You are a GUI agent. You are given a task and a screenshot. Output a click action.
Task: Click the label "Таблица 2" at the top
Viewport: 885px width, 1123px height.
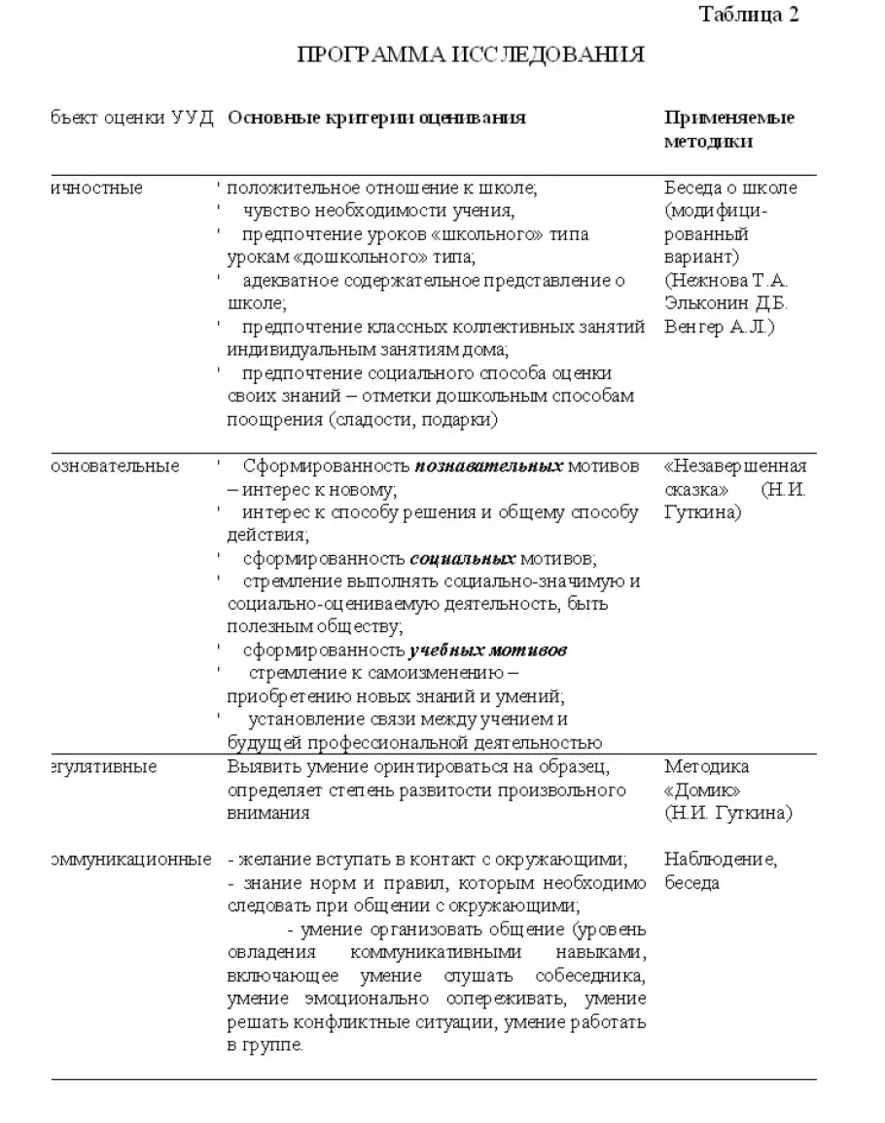749,15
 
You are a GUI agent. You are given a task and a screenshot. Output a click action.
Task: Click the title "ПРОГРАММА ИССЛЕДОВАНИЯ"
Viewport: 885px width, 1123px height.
470,55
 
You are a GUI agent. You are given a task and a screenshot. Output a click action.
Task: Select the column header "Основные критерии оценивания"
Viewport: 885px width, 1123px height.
376,118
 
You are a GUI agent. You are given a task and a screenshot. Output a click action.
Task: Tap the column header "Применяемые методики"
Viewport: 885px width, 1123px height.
728,129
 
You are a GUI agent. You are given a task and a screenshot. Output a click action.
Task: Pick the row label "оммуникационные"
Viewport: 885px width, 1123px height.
129,860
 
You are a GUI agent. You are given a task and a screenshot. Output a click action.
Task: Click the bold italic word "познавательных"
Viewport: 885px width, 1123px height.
489,467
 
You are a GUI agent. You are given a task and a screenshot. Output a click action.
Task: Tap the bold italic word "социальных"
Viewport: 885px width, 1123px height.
463,559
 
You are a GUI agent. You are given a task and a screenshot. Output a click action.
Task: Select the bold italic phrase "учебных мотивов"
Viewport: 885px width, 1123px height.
487,650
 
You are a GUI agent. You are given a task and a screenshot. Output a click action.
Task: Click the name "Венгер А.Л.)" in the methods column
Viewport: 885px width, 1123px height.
720,327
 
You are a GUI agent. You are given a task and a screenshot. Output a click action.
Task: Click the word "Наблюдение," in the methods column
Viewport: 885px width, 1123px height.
721,860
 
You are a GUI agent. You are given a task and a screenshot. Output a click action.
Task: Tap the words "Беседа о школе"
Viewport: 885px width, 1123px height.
730,188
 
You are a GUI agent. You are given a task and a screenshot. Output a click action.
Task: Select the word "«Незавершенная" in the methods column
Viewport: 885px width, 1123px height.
735,467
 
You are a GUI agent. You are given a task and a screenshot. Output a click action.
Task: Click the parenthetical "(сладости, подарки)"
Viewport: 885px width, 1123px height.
412,420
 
